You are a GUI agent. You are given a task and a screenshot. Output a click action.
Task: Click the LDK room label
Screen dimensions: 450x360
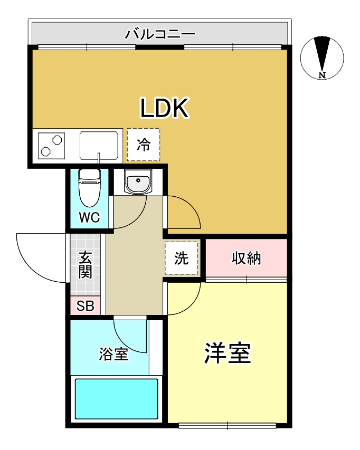click(164, 108)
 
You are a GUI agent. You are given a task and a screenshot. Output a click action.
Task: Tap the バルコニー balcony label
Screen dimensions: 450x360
click(160, 35)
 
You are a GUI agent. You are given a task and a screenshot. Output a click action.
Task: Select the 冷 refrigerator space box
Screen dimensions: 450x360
click(143, 145)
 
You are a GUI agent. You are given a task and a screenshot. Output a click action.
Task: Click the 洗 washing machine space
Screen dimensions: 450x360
click(182, 258)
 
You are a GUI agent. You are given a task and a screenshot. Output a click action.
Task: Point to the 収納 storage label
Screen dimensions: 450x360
click(247, 258)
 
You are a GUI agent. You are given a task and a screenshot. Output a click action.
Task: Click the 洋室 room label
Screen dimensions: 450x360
click(228, 353)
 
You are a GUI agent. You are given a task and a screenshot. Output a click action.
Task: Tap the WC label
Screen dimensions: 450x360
click(89, 217)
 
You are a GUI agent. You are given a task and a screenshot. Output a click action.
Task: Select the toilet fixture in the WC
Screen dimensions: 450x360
click(89, 187)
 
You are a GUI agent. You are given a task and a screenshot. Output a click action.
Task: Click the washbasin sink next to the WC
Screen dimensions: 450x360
click(138, 182)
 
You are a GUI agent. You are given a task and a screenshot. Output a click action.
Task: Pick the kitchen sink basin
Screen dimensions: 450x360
click(99, 145)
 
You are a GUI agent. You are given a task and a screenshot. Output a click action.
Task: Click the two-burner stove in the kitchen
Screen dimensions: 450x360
click(51, 145)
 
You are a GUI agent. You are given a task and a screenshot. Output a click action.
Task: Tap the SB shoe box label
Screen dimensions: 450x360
click(85, 306)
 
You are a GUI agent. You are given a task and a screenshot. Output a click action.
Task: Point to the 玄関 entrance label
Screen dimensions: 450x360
click(86, 265)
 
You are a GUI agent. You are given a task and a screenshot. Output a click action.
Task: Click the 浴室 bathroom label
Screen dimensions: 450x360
click(113, 354)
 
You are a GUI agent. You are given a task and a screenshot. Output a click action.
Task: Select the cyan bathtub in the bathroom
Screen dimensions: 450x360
click(117, 398)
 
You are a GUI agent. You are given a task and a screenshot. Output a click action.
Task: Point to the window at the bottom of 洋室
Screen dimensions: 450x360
click(228, 425)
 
